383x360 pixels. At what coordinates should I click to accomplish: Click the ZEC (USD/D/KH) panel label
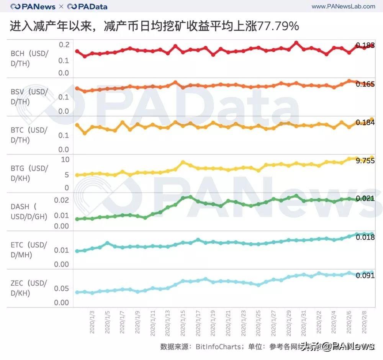pos(29,288)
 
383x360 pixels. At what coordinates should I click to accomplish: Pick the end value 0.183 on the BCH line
pos(365,46)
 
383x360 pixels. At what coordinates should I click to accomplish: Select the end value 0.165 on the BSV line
pos(365,84)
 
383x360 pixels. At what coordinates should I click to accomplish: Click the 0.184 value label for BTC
pos(365,123)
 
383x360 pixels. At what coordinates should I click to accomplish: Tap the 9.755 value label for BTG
pos(365,161)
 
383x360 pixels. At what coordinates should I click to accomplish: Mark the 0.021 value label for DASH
pos(365,198)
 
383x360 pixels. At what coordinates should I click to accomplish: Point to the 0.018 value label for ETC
pos(365,237)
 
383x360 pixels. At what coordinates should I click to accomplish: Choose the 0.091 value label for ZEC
pos(365,275)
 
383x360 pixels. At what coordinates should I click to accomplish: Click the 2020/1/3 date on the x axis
pos(92,322)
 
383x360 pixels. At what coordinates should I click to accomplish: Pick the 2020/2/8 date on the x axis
pos(365,322)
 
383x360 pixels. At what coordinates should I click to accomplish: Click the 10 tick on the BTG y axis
pos(65,159)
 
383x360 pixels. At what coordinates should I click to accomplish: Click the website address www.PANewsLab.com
pos(344,7)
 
